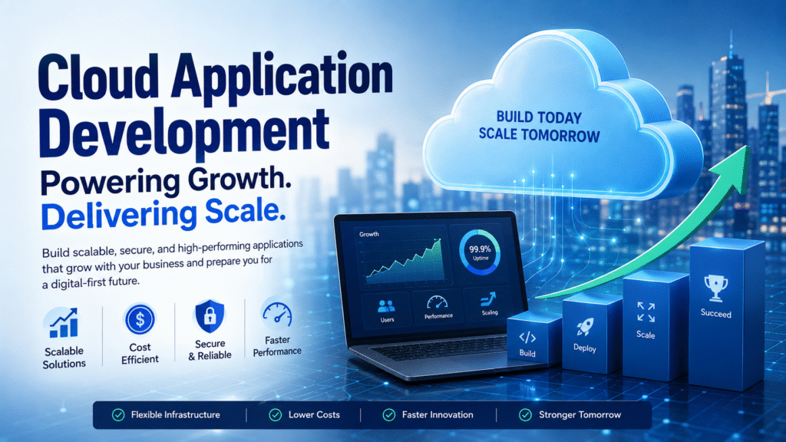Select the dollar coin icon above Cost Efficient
coord(140,319)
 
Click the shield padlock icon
coord(210,315)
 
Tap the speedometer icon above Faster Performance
coord(277,313)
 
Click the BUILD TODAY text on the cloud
coord(539,117)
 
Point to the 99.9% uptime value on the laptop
coord(480,249)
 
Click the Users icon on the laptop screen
coord(386,305)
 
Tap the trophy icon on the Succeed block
coord(715,288)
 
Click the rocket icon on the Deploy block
coord(585,327)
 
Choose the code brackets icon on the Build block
coord(527,338)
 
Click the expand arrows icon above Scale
coord(646,312)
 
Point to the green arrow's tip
coord(747,147)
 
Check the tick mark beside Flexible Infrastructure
coord(118,415)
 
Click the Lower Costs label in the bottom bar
coord(314,415)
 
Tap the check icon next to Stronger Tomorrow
coord(525,415)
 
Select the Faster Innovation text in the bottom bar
coord(438,415)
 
